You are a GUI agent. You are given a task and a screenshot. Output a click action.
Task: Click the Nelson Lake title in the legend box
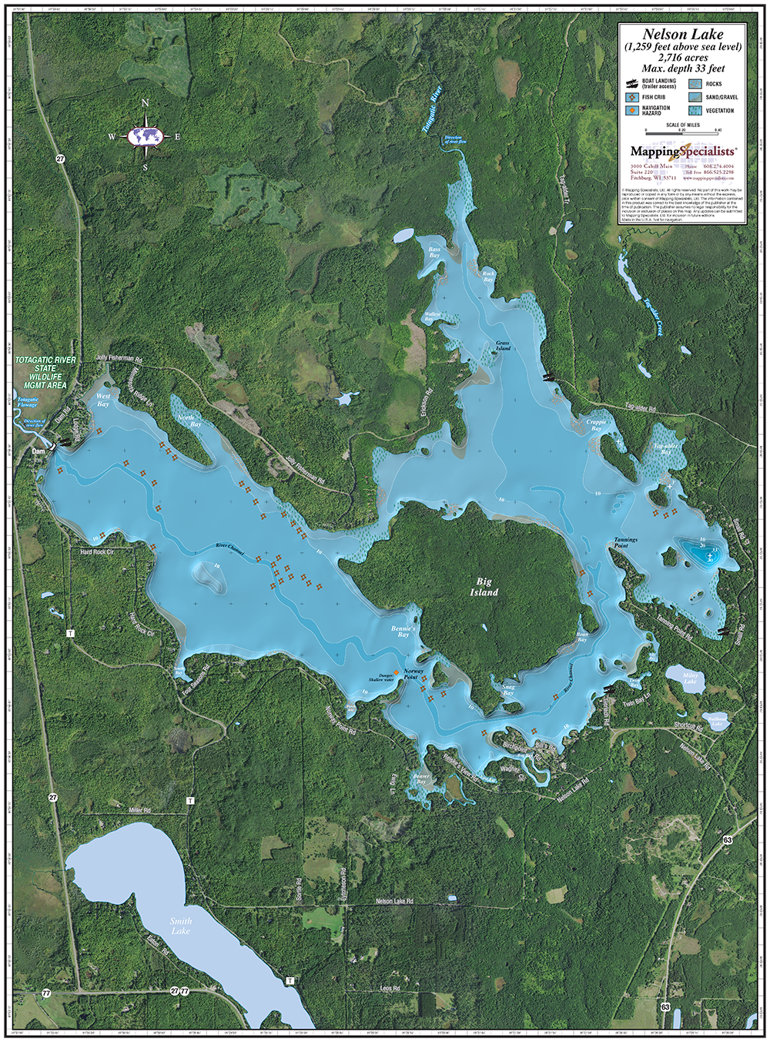coord(683,35)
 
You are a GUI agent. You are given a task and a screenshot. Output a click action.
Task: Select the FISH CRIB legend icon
coord(631,97)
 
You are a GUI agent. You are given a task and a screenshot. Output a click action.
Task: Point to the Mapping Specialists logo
coord(682,152)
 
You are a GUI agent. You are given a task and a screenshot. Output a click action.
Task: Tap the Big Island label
coord(484,587)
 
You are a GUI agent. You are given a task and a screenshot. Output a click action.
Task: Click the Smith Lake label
coord(181,926)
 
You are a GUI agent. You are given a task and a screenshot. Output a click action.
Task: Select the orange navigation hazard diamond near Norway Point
coord(397,672)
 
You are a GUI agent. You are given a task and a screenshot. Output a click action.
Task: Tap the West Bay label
coord(102,400)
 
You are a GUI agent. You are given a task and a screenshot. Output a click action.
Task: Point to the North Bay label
coord(189,420)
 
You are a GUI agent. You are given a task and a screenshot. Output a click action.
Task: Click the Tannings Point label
coord(625,543)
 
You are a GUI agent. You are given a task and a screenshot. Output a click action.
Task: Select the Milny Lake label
coord(690,678)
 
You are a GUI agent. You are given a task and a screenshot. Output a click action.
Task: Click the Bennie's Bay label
coord(403,632)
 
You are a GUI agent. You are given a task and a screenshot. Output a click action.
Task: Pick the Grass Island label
coord(503,345)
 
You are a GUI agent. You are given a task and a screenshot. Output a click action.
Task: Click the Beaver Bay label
coord(421,779)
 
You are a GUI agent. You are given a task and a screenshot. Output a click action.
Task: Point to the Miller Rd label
coord(140,811)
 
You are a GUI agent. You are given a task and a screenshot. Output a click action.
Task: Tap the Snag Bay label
coord(508,690)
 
